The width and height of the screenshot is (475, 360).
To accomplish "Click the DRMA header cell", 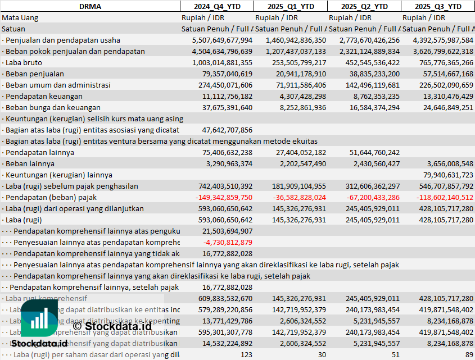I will pyautogui.click(x=90, y=6).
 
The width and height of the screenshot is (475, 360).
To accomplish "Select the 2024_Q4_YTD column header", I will pyautogui.click(x=216, y=6).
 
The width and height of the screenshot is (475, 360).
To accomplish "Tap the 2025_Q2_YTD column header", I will pyautogui.click(x=364, y=6).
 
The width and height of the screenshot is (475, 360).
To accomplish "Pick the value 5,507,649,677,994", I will pyautogui.click(x=222, y=40).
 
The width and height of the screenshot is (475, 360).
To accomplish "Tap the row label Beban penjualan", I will pyautogui.click(x=34, y=74).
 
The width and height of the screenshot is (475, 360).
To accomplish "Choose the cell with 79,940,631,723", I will pyautogui.click(x=444, y=175).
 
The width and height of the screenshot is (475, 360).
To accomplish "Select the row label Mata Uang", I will pyautogui.click(x=20, y=17).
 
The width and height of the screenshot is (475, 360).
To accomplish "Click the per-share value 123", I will pyautogui.click(x=246, y=354).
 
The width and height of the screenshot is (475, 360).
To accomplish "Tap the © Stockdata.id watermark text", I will pyautogui.click(x=112, y=325).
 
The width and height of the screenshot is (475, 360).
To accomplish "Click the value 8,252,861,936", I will pyautogui.click(x=298, y=107).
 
